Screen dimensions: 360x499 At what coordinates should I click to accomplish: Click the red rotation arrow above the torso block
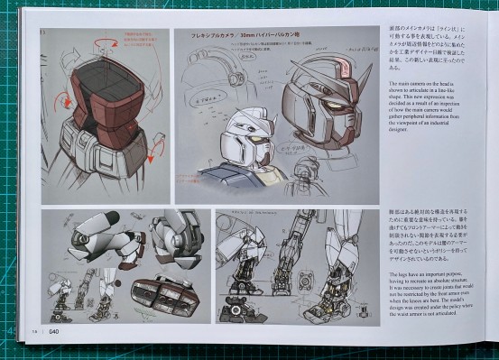click(x=107, y=41)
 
